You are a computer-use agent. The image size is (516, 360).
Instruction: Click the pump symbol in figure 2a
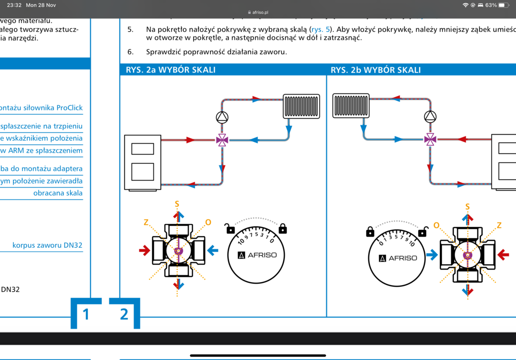tap(222, 117)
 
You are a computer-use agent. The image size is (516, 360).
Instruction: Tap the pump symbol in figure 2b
tap(430, 116)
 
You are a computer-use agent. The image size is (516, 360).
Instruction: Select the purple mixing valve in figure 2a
tap(222, 140)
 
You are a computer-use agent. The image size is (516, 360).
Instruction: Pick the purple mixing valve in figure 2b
tap(430, 139)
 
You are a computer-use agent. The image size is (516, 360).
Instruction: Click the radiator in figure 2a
tap(301, 106)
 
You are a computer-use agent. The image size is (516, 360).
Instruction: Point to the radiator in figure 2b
tap(351, 106)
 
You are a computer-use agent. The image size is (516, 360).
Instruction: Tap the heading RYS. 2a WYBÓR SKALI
tap(171, 70)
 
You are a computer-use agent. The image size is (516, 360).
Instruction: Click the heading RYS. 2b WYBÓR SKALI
tap(376, 70)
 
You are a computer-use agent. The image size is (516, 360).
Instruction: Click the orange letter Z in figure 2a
tap(146, 222)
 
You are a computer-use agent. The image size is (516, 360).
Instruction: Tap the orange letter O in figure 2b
tap(436, 226)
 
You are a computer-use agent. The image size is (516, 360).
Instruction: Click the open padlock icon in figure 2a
tap(231, 229)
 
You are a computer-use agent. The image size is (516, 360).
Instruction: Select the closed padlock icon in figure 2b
tap(370, 232)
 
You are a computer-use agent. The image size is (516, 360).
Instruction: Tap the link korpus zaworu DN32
tap(47, 245)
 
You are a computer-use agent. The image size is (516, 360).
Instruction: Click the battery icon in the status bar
tap(504, 5)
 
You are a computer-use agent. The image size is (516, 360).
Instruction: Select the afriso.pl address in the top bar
tap(258, 12)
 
